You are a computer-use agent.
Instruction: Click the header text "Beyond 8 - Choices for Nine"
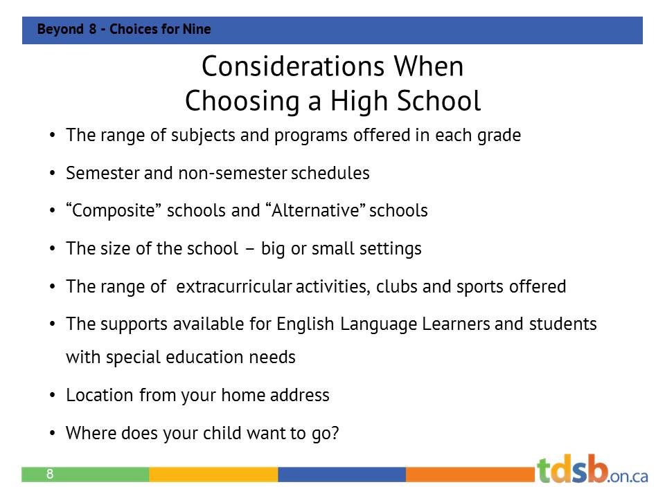click(124, 30)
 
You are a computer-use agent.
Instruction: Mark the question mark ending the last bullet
click(335, 433)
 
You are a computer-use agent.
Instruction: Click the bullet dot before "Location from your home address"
click(53, 396)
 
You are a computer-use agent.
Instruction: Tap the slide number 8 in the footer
click(50, 474)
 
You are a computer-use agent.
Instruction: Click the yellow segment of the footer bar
click(213, 474)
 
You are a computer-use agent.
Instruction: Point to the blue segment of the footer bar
click(342, 474)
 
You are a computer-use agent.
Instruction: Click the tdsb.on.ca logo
click(592, 470)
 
